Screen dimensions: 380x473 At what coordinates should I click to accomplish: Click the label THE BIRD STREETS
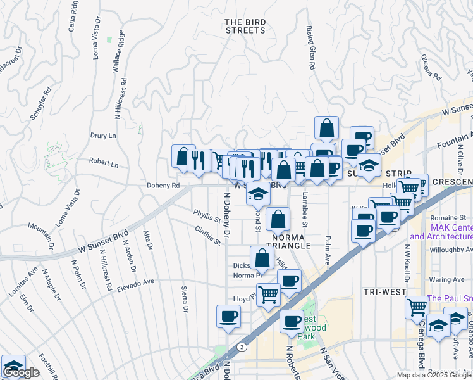[x=245, y=26]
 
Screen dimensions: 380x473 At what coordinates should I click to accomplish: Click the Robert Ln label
[x=104, y=163]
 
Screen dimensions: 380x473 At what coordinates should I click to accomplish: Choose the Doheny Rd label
[x=163, y=186]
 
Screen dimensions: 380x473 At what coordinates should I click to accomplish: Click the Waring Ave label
[x=446, y=279]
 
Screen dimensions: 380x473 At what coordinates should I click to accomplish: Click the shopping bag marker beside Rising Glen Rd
[x=326, y=127]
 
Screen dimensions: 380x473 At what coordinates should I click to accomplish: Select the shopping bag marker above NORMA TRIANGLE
[x=278, y=219]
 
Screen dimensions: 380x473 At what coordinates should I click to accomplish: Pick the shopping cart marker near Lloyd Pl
[x=269, y=294]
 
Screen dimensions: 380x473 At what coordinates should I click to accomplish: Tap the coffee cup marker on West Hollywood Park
[x=292, y=322]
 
